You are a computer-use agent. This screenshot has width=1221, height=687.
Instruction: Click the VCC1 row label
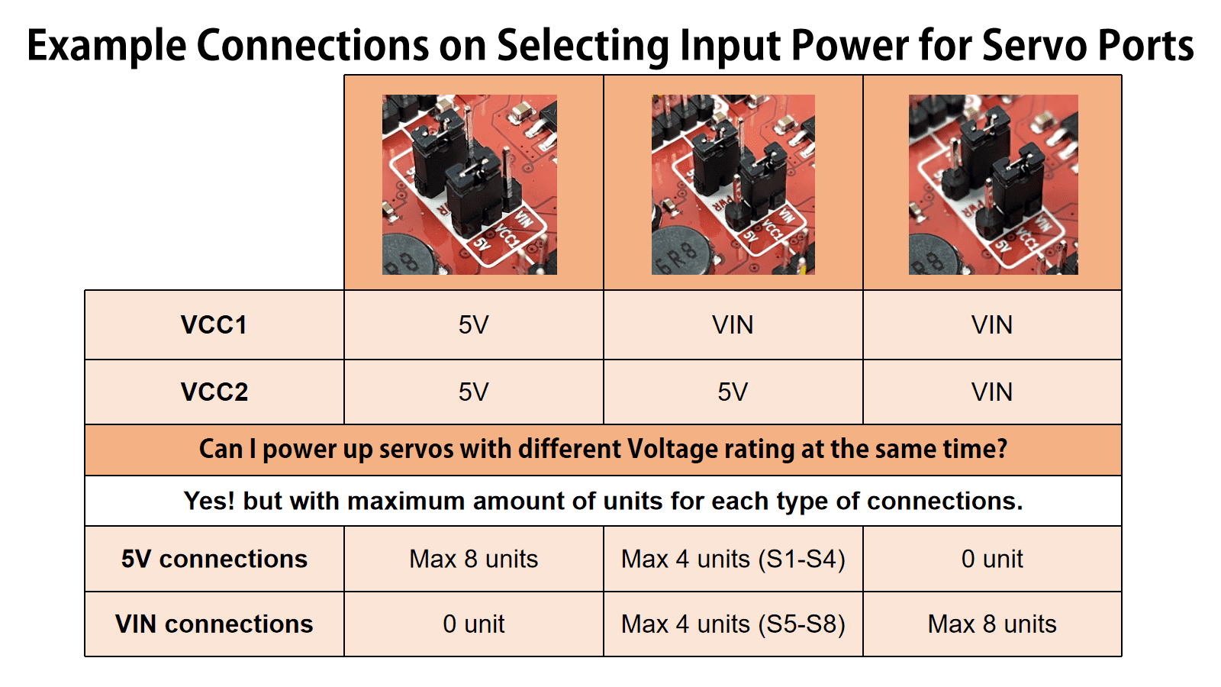point(214,325)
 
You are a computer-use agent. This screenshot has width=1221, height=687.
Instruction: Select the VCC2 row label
point(214,392)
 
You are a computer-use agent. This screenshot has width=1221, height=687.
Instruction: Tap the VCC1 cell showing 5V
point(473,325)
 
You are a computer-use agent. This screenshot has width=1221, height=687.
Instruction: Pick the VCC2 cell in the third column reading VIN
point(991,392)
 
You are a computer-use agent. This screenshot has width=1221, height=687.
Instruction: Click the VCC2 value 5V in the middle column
point(733,392)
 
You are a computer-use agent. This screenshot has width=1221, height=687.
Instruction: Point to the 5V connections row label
point(214,559)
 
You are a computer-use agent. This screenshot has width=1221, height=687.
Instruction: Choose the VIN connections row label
point(214,624)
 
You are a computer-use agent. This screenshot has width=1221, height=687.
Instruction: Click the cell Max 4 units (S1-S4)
point(733,559)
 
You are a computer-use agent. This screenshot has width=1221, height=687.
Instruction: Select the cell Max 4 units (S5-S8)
point(733,624)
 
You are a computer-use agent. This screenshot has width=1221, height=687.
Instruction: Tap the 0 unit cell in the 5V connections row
point(991,559)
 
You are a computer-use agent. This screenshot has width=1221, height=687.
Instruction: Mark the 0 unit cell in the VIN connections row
point(473,624)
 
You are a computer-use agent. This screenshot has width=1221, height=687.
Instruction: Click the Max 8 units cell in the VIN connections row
point(991,624)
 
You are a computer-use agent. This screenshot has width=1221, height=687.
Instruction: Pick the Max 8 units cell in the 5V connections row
point(473,559)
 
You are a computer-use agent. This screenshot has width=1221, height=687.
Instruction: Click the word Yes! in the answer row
point(209,502)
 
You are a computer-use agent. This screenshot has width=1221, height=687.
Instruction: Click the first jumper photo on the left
point(469,185)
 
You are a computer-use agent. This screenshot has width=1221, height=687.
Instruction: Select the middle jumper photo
point(733,185)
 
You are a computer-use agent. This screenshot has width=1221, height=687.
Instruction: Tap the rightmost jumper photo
point(993,185)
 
